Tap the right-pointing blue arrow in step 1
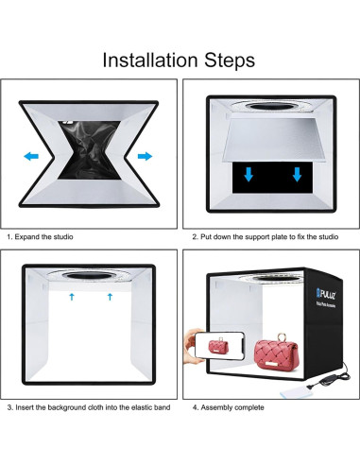point(144,154)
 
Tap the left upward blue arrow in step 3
point(72,297)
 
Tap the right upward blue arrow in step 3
point(110,297)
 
